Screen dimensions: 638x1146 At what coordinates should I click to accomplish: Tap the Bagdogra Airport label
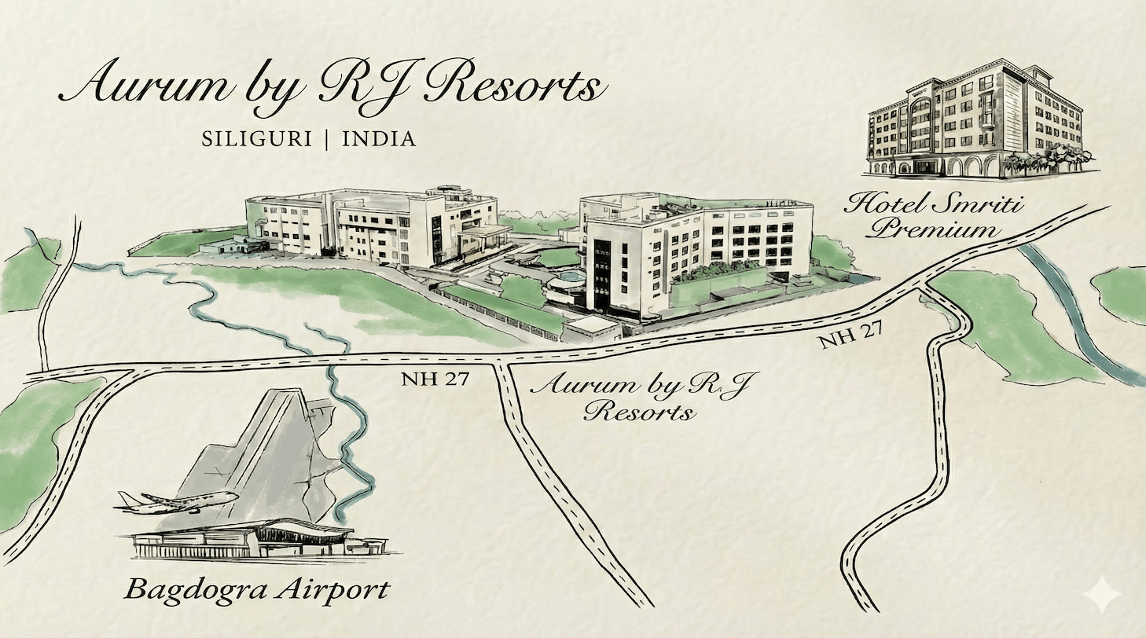tap(257, 589)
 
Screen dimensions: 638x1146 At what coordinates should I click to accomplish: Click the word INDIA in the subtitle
tap(379, 139)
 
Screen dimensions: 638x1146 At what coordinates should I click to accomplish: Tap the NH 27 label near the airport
tap(435, 379)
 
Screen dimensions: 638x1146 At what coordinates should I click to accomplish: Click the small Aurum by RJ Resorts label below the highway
tap(641, 397)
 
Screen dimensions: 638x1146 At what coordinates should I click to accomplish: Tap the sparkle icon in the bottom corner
tap(1102, 595)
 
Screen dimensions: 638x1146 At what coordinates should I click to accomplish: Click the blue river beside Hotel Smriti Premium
tap(1077, 314)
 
